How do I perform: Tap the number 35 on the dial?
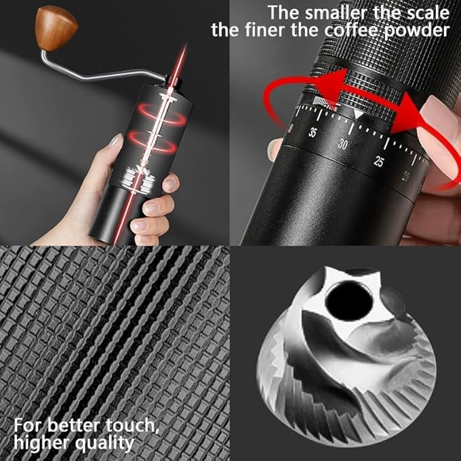coord(312,133)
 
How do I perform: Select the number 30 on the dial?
coord(343,144)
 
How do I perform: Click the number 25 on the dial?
coord(379,161)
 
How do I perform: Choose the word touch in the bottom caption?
coord(138,426)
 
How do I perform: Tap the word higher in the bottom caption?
coord(42,444)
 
